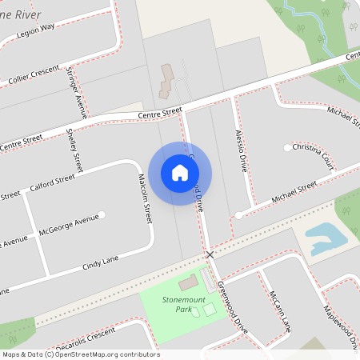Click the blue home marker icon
pos(180,172)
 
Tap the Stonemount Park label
pos(178,303)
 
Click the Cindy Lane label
pos(101,262)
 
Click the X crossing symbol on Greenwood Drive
pos(210,254)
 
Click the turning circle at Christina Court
pos(287,148)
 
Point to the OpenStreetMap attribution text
pos(80,354)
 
